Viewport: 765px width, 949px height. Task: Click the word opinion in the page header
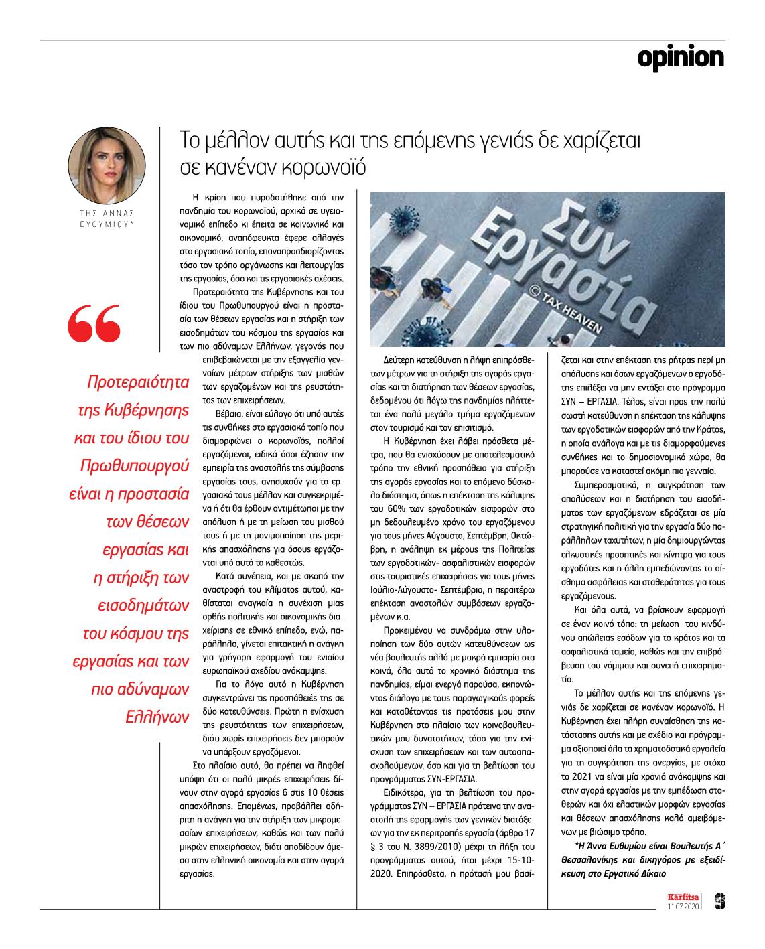[680, 58]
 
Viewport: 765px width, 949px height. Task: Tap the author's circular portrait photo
[107, 163]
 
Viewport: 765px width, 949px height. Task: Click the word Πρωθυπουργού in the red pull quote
[135, 465]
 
